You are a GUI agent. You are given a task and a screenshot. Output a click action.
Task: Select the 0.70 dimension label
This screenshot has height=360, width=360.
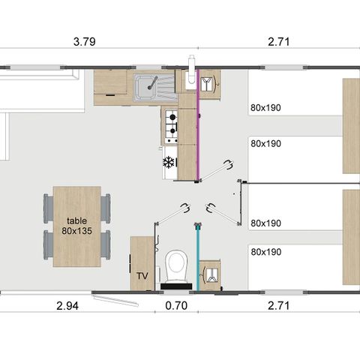(x=174, y=307)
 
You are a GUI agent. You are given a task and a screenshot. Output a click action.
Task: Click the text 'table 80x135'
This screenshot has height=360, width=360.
(x=77, y=224)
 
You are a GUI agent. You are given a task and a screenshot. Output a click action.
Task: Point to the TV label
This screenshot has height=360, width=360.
(x=142, y=276)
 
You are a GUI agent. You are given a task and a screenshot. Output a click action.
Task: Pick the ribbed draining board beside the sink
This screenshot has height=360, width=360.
(x=170, y=89)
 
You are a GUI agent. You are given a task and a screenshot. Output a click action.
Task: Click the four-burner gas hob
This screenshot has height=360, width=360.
(x=170, y=126)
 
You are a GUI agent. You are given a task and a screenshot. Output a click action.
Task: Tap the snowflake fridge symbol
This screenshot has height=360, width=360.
(x=168, y=162)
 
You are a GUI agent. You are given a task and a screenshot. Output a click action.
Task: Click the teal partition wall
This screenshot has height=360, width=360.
(x=198, y=255)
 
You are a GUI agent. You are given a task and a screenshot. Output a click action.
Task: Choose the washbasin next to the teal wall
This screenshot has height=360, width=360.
(x=211, y=272)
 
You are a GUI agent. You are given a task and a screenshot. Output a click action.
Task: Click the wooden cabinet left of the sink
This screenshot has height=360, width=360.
(x=110, y=88)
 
